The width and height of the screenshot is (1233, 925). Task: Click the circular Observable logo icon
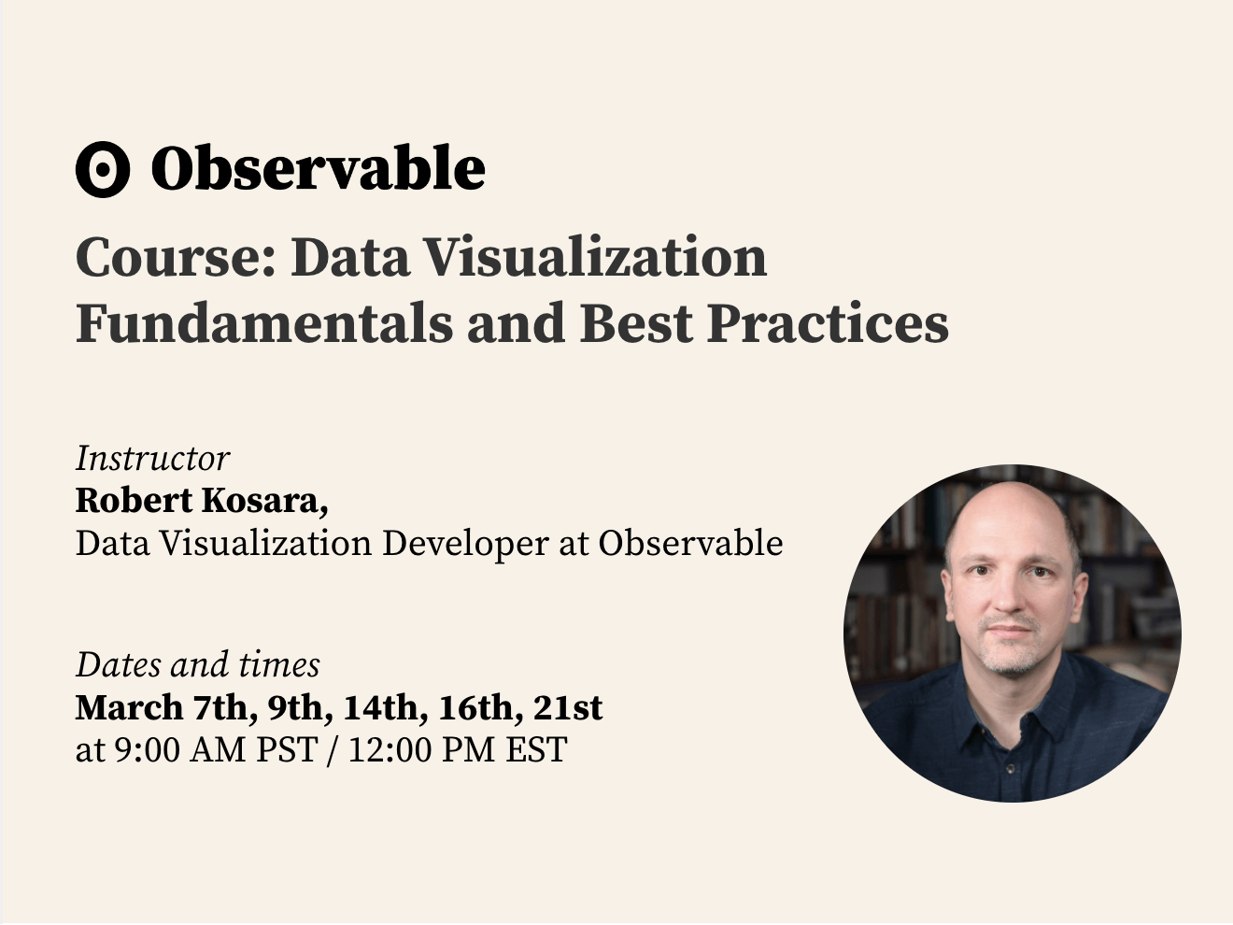103,169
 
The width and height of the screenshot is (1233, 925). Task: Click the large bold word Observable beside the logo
318,167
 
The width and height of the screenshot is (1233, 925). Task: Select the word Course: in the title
176,257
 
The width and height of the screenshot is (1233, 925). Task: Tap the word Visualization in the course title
595,257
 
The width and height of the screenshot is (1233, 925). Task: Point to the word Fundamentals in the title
264,323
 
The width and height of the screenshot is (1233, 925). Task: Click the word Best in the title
636,323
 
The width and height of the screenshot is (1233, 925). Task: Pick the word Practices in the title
828,323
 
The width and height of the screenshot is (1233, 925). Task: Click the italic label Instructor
152,459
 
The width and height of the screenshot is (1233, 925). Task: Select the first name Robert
135,501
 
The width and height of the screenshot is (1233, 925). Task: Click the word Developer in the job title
465,544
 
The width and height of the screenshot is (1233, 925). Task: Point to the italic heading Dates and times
198,665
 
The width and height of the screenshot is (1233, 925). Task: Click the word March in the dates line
129,707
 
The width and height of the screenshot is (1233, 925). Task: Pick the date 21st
568,707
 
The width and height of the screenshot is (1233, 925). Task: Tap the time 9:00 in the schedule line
148,749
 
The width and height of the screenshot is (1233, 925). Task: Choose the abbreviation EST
536,749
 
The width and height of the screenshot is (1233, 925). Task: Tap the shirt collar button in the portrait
1010,769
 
